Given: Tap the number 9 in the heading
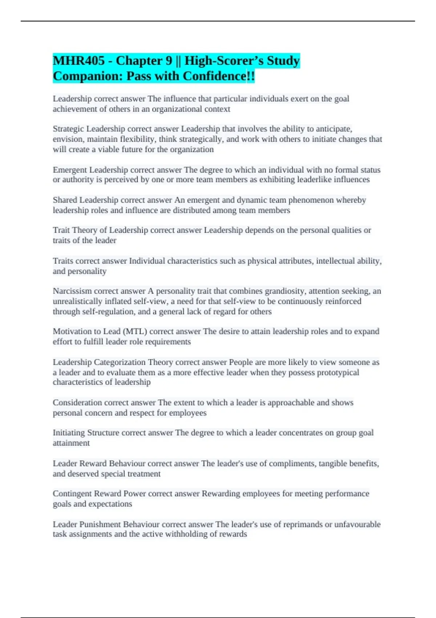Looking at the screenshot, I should (x=168, y=61).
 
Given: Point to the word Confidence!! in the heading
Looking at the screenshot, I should (x=219, y=76).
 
